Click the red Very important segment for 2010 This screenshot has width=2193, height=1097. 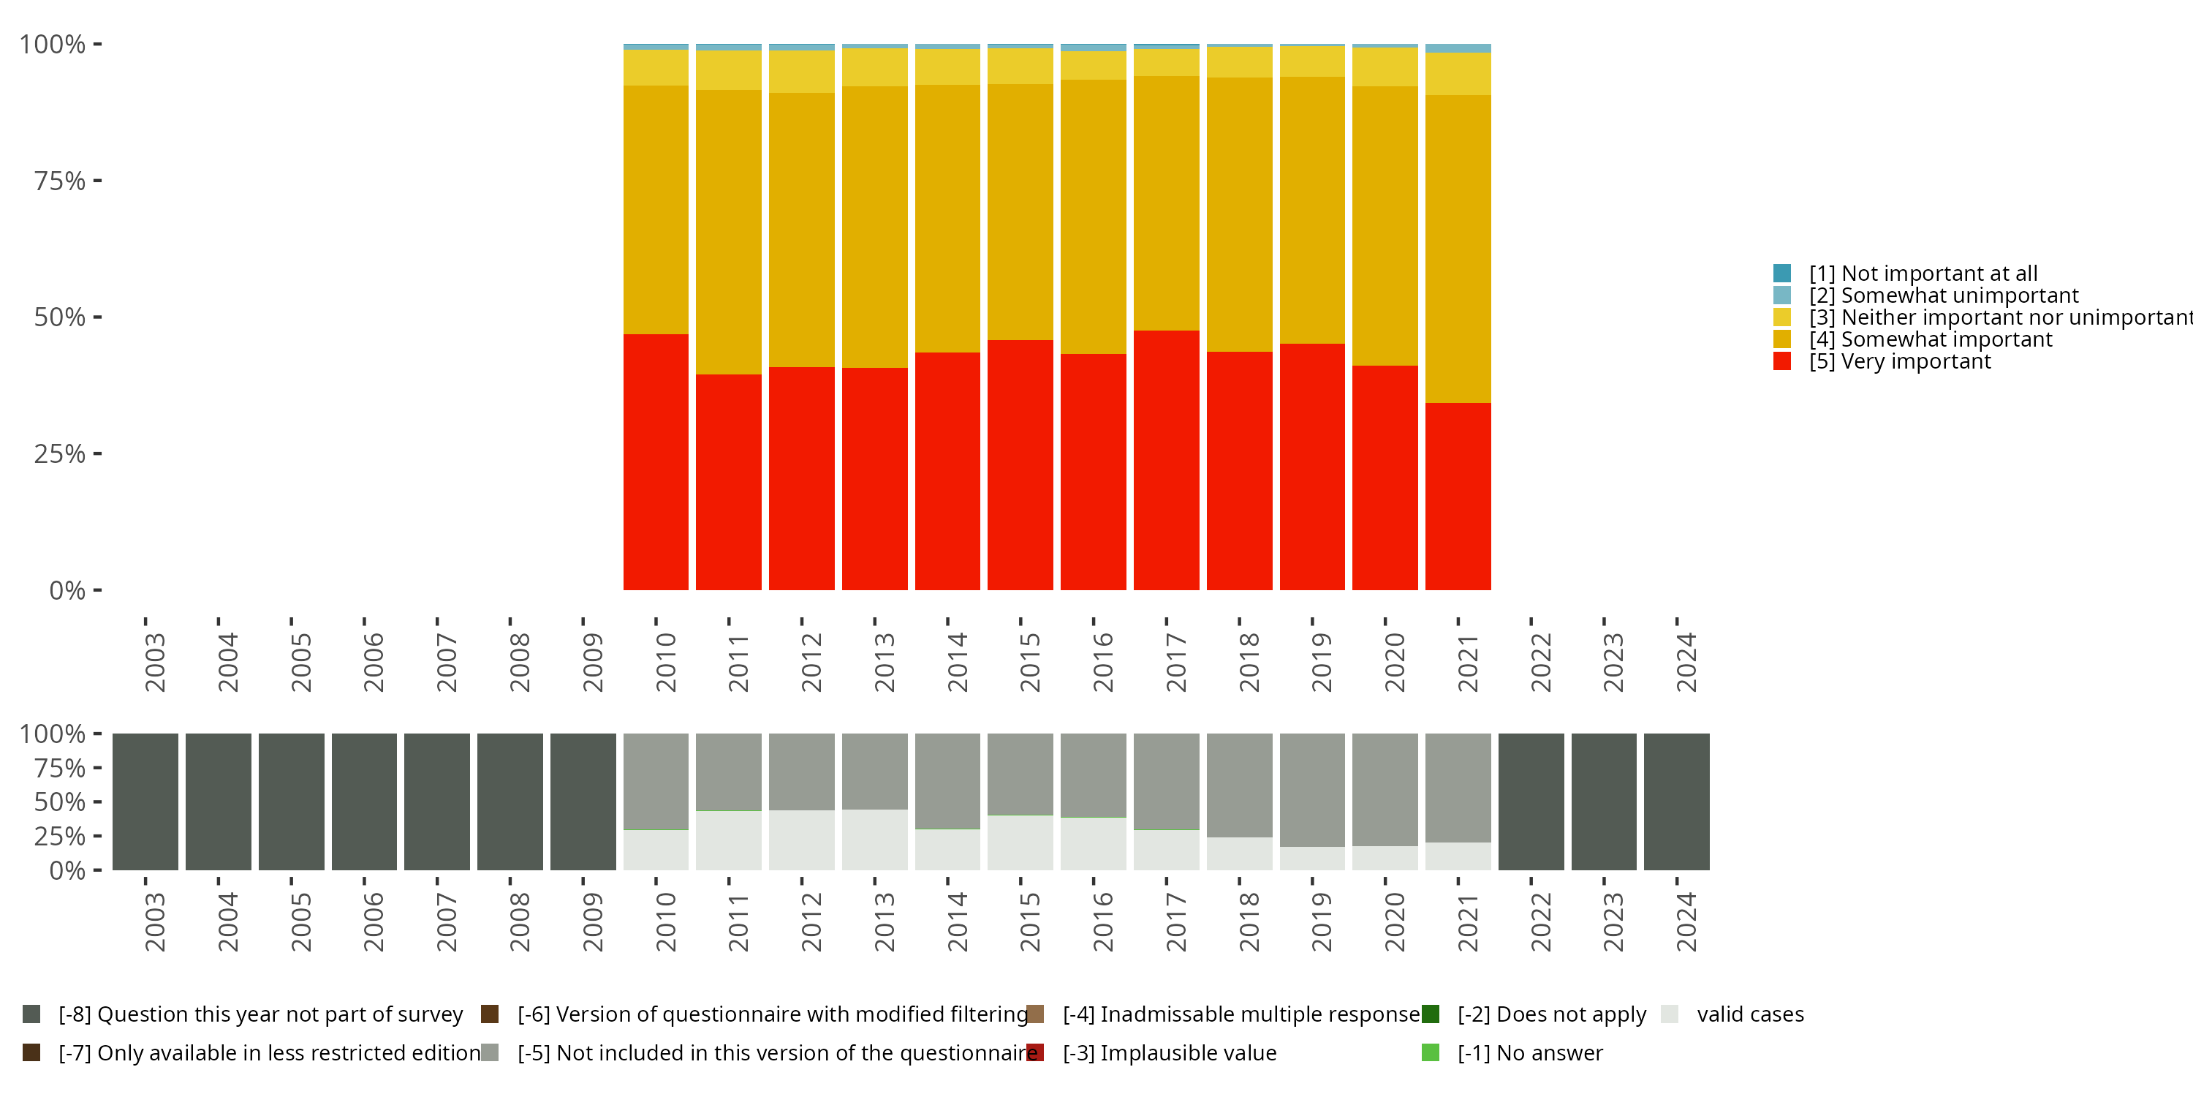click(x=656, y=461)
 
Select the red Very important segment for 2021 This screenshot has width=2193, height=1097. click(x=1458, y=496)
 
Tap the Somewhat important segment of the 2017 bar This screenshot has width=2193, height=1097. click(x=1166, y=203)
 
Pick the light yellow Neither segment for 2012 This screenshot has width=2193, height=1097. click(x=801, y=72)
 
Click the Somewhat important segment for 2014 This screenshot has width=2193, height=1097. click(x=947, y=218)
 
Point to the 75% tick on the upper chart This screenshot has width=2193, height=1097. click(x=61, y=181)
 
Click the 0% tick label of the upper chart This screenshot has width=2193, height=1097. click(x=67, y=590)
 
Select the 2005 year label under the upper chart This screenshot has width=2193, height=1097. click(x=300, y=662)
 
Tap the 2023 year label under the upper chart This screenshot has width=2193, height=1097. click(x=1613, y=662)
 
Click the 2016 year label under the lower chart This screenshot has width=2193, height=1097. click(x=1102, y=921)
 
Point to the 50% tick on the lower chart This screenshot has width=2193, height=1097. click(x=61, y=802)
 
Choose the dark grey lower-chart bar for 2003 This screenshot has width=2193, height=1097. click(x=145, y=802)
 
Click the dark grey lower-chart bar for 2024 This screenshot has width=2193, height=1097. click(x=1676, y=802)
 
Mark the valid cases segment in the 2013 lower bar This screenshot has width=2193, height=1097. click(x=874, y=840)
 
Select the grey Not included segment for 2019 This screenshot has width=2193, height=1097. click(x=1312, y=790)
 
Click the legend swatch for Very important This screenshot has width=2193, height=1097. click(x=1782, y=361)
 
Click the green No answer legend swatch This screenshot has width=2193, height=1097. click(x=1431, y=1052)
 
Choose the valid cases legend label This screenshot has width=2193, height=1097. click(x=1749, y=1014)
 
